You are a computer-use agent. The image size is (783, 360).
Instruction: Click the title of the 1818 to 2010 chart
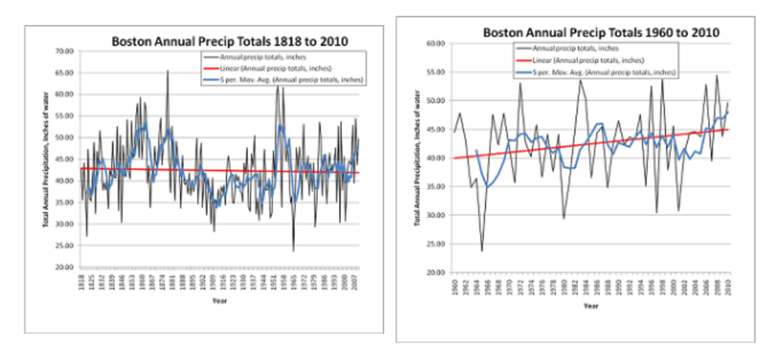[x=230, y=42]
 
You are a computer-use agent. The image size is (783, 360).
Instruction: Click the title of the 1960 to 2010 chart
[x=601, y=32]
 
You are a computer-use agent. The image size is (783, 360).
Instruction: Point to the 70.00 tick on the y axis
[x=66, y=51]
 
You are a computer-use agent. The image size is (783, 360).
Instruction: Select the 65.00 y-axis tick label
[x=66, y=73]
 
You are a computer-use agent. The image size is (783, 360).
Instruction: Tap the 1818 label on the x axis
[x=81, y=282]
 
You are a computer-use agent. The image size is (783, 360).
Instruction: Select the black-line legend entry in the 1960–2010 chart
[x=575, y=48]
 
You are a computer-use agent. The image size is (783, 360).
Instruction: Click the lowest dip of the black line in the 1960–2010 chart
[x=482, y=251]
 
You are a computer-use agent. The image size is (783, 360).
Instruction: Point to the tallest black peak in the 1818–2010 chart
[x=167, y=71]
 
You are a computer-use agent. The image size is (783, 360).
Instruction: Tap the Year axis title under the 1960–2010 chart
[x=591, y=306]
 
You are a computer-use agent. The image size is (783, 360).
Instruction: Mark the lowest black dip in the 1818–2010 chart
[x=293, y=251]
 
